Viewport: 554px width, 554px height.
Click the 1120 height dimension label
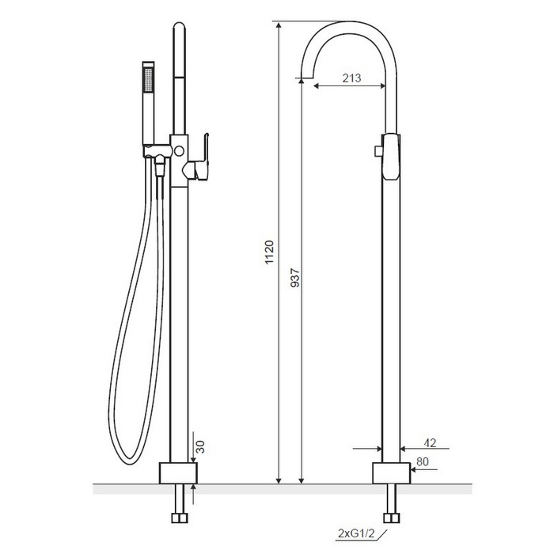[270, 252]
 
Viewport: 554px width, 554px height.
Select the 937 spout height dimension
[295, 278]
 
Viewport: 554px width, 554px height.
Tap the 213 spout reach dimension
[351, 78]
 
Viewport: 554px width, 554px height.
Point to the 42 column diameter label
[430, 442]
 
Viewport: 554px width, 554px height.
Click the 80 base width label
[423, 461]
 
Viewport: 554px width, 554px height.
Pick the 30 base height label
[200, 447]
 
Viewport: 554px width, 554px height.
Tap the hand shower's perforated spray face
[149, 79]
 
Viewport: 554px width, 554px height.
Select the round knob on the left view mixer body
[179, 151]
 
